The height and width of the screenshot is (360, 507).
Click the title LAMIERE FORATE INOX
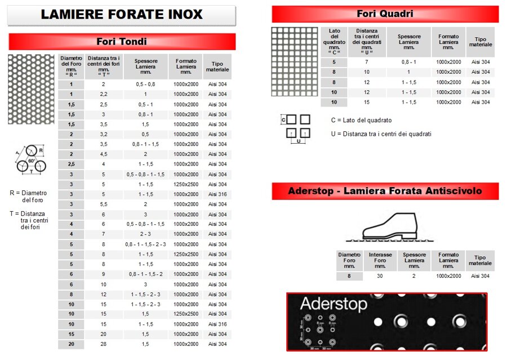click(121, 15)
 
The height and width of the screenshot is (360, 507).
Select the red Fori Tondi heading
click(122, 41)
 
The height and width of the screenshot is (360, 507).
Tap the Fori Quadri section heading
click(385, 14)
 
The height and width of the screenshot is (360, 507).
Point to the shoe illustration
click(389, 226)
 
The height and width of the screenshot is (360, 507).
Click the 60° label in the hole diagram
click(32, 161)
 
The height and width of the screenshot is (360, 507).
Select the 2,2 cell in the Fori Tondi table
click(104, 94)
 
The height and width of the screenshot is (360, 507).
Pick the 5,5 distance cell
click(104, 204)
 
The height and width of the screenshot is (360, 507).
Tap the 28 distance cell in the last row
click(104, 344)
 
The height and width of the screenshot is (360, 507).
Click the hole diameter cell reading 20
click(72, 344)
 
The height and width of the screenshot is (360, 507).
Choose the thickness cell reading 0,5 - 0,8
click(145, 84)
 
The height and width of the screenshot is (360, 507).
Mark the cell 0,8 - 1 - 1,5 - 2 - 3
click(145, 244)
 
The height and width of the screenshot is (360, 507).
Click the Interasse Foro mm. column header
click(380, 260)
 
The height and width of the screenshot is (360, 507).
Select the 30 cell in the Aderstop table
click(380, 276)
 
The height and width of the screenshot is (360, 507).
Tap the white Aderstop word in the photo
click(333, 304)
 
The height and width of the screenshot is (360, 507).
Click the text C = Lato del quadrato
click(361, 120)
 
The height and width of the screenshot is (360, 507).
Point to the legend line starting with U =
click(381, 134)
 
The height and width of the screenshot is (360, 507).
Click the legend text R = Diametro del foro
click(29, 196)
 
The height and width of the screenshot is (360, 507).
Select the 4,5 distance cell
click(104, 154)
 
